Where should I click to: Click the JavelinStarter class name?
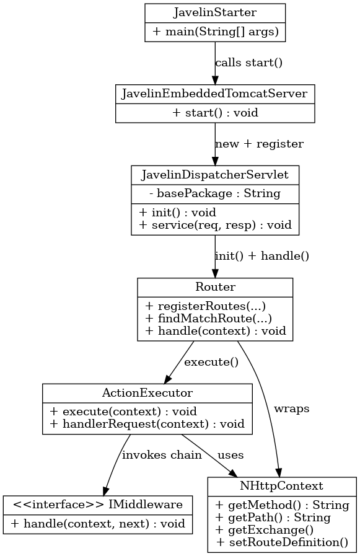click(215, 12)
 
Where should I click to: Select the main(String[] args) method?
click(215, 32)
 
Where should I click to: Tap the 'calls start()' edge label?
click(248, 63)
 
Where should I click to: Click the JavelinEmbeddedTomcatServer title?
click(215, 94)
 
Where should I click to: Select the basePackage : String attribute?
click(215, 193)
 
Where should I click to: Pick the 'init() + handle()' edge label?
click(261, 255)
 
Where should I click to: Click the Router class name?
click(215, 287)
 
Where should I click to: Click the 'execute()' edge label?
click(211, 362)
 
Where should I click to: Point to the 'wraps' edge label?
click(291, 409)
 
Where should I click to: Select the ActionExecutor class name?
click(147, 393)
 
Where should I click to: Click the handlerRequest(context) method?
click(147, 424)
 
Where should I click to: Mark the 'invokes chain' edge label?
click(162, 455)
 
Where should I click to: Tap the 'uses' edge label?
click(230, 455)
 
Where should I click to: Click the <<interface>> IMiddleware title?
click(97, 505)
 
